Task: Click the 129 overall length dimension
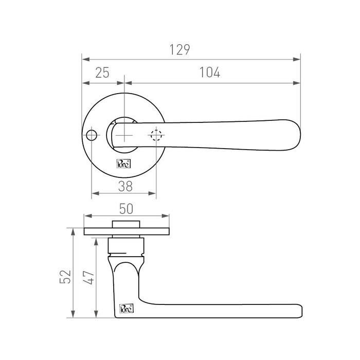[180, 50]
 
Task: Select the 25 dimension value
[102, 73]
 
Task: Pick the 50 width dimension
[127, 208]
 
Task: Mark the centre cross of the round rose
[124, 135]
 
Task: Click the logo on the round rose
[124, 164]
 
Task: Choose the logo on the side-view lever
[126, 309]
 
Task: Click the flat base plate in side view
[127, 231]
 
